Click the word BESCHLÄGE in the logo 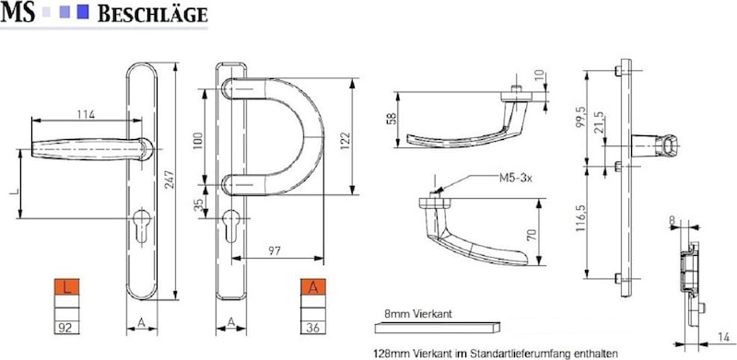[x=152, y=15]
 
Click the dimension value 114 [x=86, y=114]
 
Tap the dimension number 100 [x=197, y=140]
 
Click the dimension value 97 [x=274, y=251]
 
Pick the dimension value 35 [x=199, y=205]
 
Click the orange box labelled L [x=66, y=287]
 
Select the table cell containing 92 [x=66, y=328]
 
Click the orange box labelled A [x=313, y=287]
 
